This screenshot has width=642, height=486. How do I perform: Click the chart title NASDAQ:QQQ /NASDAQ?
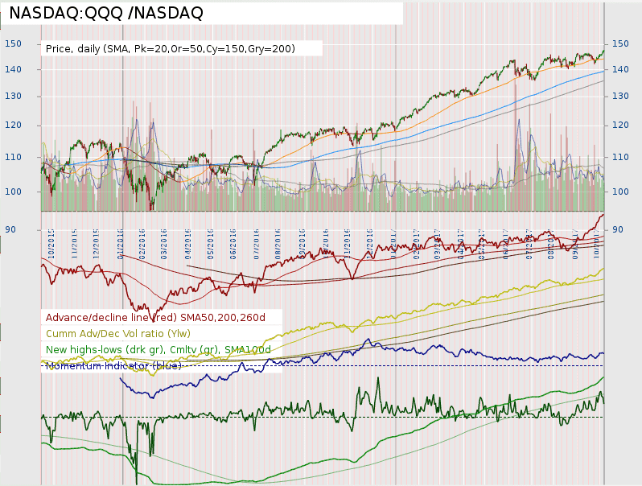(x=106, y=13)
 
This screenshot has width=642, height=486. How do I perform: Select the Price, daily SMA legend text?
(x=171, y=49)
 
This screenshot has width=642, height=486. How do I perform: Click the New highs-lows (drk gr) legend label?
(x=158, y=349)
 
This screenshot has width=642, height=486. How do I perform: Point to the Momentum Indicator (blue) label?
(x=113, y=365)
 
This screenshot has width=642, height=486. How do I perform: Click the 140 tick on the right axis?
(x=621, y=70)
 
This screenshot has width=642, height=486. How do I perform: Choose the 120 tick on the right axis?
(x=621, y=126)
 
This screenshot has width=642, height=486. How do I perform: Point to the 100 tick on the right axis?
(x=621, y=192)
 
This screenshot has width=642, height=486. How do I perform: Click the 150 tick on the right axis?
(x=621, y=43)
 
